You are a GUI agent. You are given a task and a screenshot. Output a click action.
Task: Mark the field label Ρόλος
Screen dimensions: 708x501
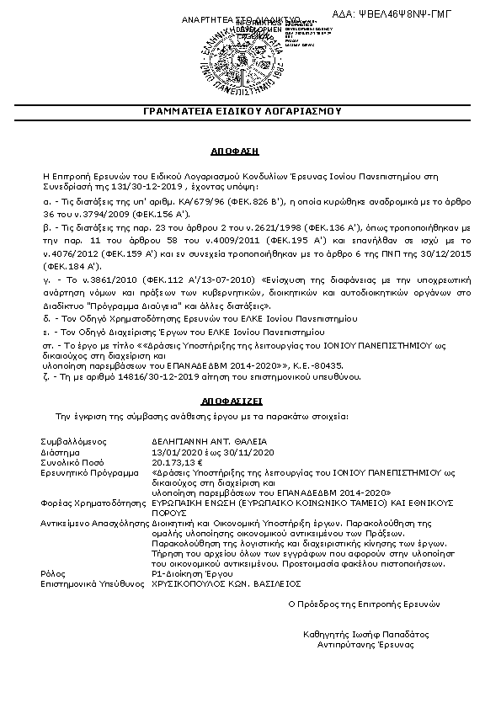pyautogui.click(x=51, y=572)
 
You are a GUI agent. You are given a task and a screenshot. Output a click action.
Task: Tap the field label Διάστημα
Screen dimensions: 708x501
pyautogui.click(x=59, y=451)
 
